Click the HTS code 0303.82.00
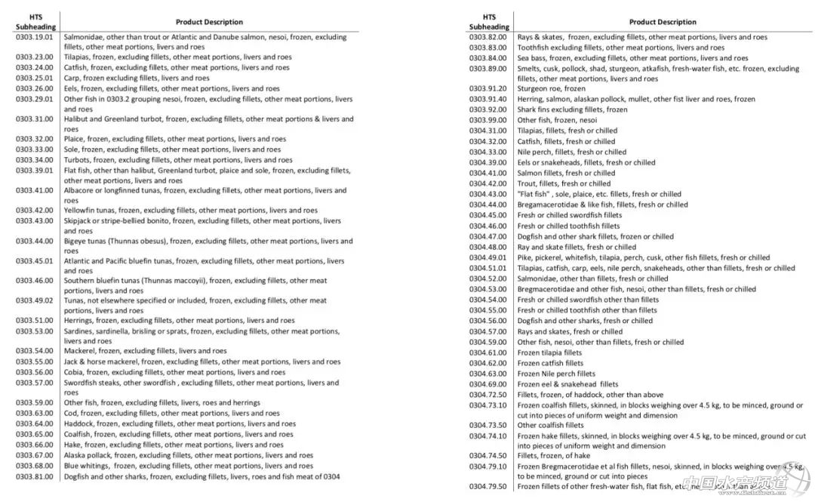[487, 36]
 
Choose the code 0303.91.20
[487, 88]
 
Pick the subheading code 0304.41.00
[487, 173]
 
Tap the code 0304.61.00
[487, 353]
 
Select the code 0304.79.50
[487, 487]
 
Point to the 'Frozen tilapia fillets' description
[549, 353]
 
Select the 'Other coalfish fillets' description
[550, 425]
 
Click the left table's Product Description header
[209, 22]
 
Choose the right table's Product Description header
[663, 22]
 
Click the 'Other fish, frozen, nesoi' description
[557, 120]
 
